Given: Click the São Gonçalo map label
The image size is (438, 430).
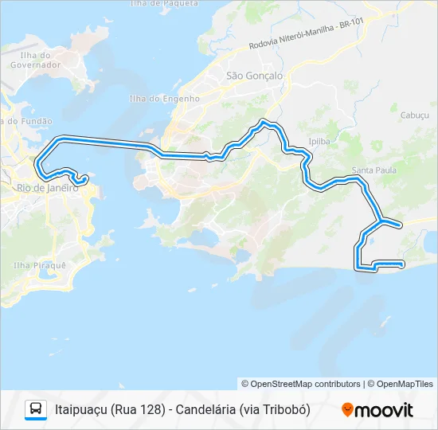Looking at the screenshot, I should pos(254,76).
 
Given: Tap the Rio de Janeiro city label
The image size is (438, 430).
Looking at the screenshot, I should pos(47,188).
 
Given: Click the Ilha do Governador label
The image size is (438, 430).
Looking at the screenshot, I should pos(30,60).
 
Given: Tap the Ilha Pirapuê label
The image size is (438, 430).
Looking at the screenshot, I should pos(39,264).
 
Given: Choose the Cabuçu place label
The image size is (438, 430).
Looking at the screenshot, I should pos(414,115).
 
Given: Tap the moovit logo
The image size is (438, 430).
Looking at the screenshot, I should pos(377,409).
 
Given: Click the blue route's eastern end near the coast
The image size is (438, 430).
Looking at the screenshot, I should pos(403,264).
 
